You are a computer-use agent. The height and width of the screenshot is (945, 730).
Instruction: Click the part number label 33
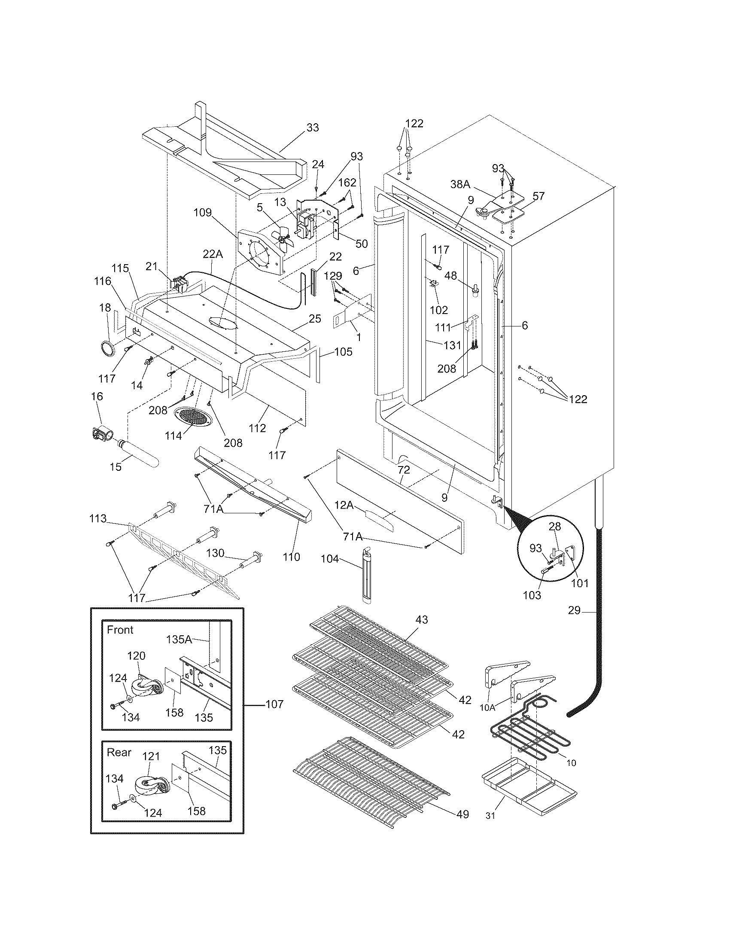coord(313,128)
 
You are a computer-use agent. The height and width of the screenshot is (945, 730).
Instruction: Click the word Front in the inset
coord(120,630)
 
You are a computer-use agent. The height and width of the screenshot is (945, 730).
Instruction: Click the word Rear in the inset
coord(119,752)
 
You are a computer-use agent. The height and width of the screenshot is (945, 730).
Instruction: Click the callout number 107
coord(274,704)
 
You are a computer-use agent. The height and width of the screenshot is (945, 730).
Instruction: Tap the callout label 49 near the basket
coord(462,814)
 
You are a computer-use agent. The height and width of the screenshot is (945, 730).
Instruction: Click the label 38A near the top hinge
coord(460,184)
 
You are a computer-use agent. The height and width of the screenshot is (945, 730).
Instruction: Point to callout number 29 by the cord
coord(574,612)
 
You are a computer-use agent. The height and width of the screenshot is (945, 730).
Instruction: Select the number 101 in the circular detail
coord(580,583)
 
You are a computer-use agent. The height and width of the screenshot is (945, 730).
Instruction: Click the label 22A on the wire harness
coord(213,254)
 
